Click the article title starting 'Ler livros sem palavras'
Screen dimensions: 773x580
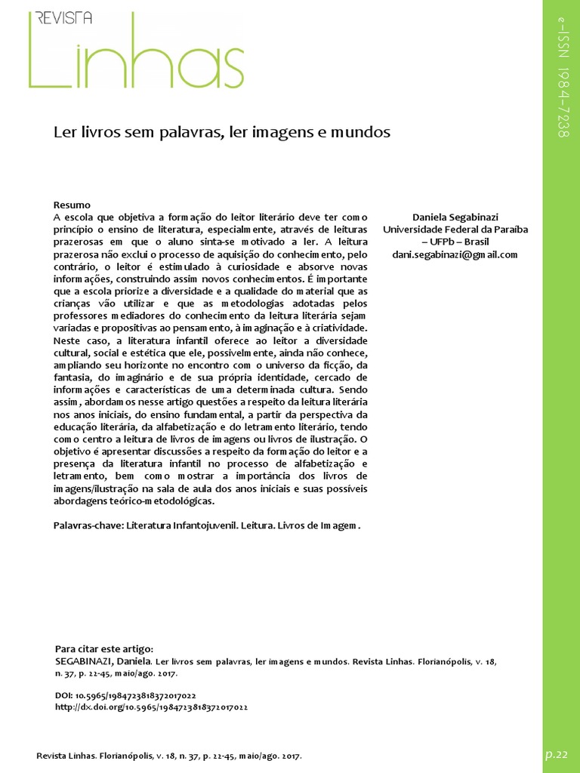coord(221,133)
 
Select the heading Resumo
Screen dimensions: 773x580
coord(72,205)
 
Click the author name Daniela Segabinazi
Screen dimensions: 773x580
coord(455,217)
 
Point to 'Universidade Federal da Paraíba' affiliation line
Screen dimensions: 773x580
coord(455,229)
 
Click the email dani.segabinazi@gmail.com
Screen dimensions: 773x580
coord(455,254)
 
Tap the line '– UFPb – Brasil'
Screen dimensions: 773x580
coord(455,242)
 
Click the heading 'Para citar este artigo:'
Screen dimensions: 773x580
coord(104,648)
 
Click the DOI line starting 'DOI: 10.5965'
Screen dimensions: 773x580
coord(126,695)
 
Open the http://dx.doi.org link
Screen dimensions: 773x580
coord(152,707)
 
